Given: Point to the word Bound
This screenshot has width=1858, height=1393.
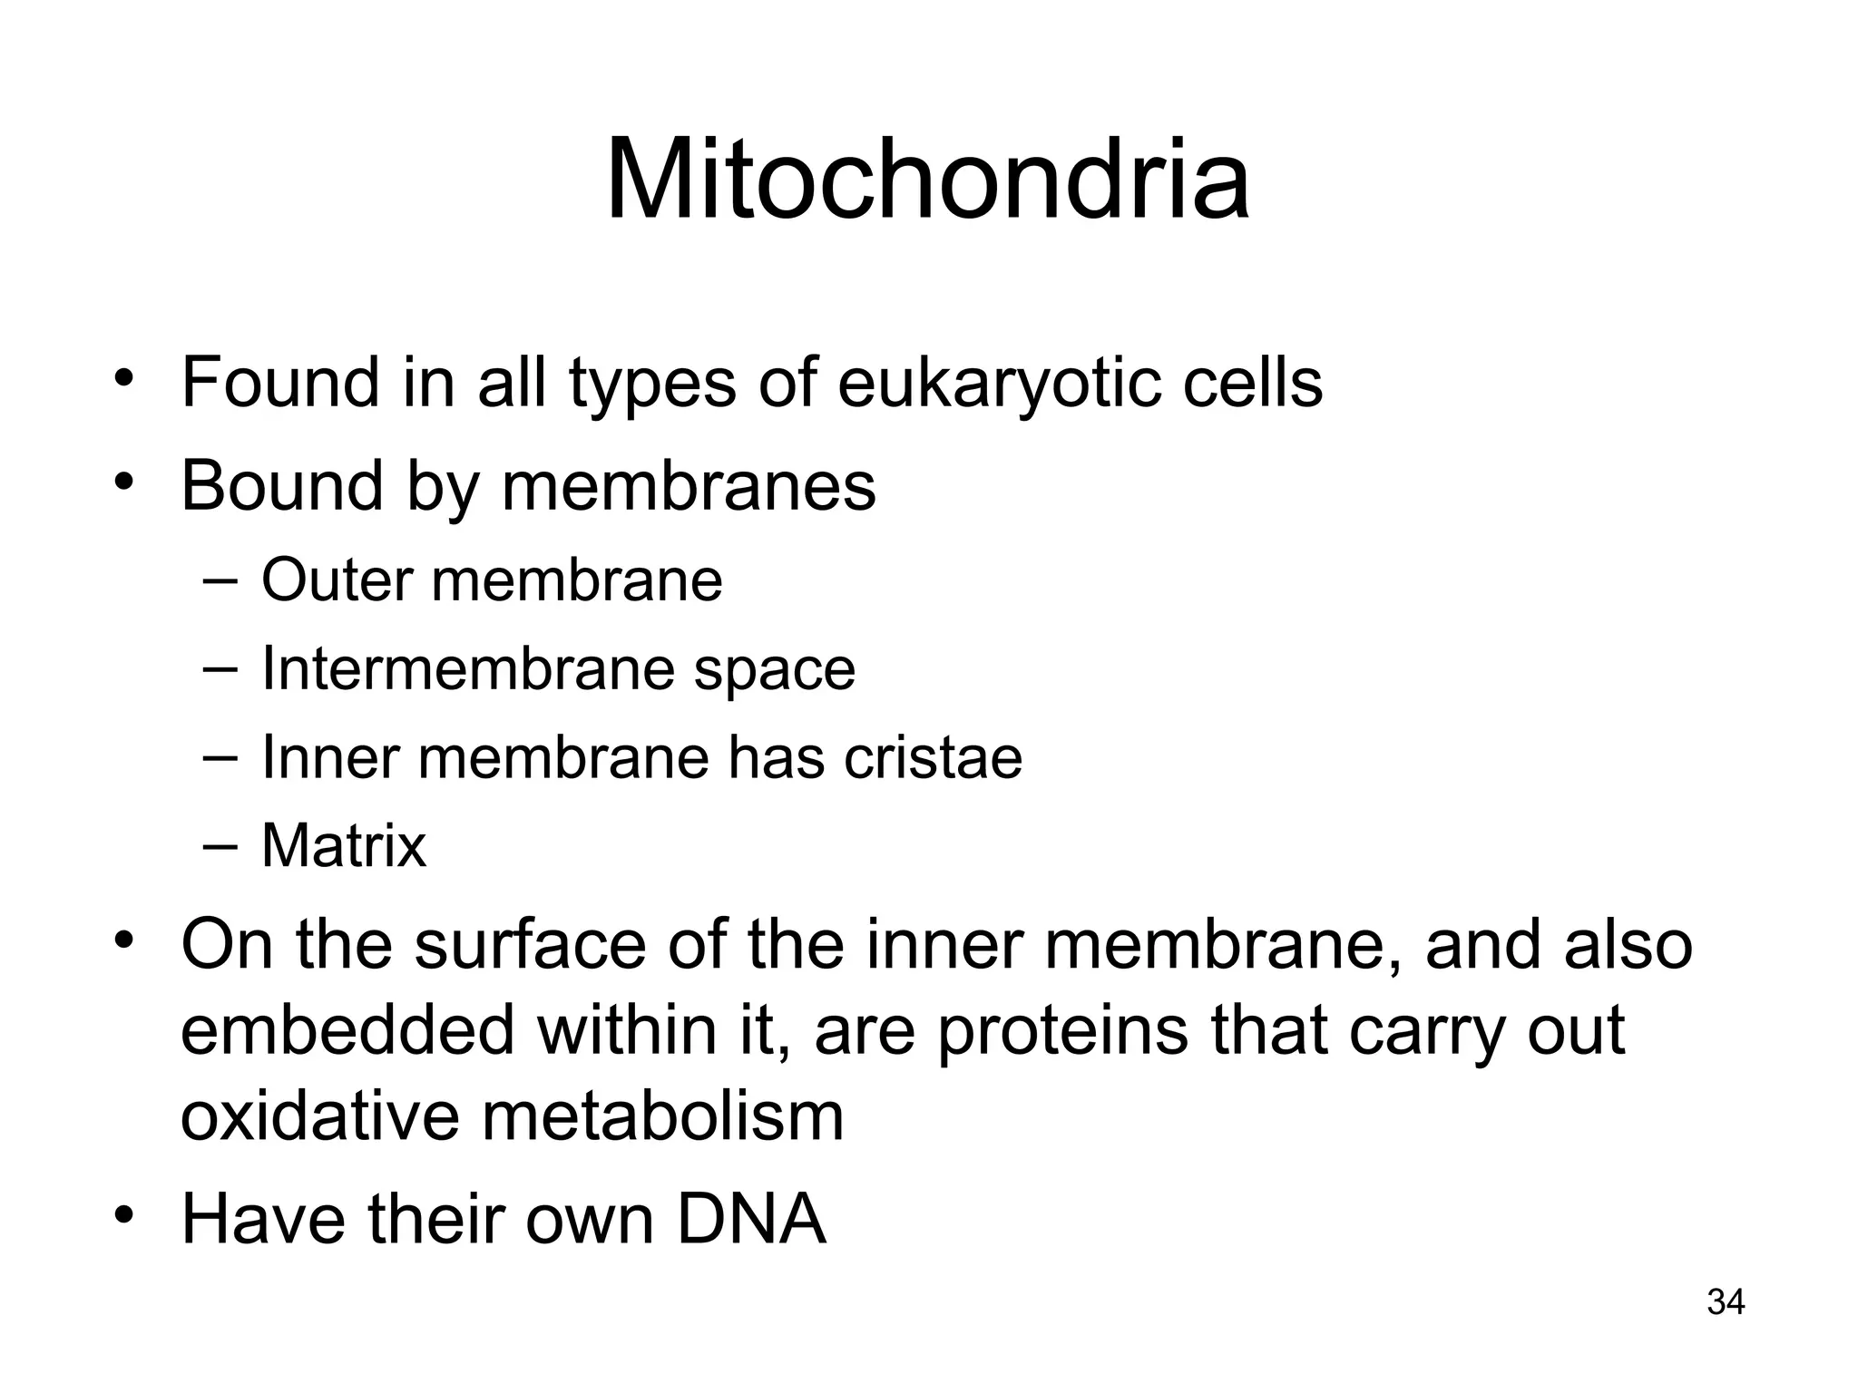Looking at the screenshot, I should pyautogui.click(x=282, y=485).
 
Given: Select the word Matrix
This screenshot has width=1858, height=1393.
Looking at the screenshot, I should pyautogui.click(x=343, y=845).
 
